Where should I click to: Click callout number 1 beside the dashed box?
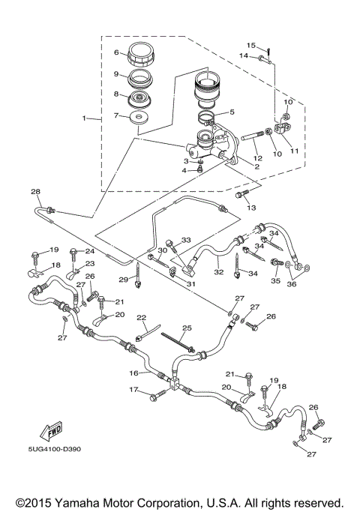[85, 118]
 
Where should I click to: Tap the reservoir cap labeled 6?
[139, 55]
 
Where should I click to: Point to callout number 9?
[117, 74]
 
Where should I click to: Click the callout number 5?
[232, 112]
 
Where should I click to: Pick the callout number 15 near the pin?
[252, 46]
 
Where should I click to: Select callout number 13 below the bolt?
[252, 208]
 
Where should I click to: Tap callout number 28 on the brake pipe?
[35, 192]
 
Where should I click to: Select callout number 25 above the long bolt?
[187, 328]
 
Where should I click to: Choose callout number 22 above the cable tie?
[141, 318]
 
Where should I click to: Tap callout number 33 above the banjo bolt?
[187, 239]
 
